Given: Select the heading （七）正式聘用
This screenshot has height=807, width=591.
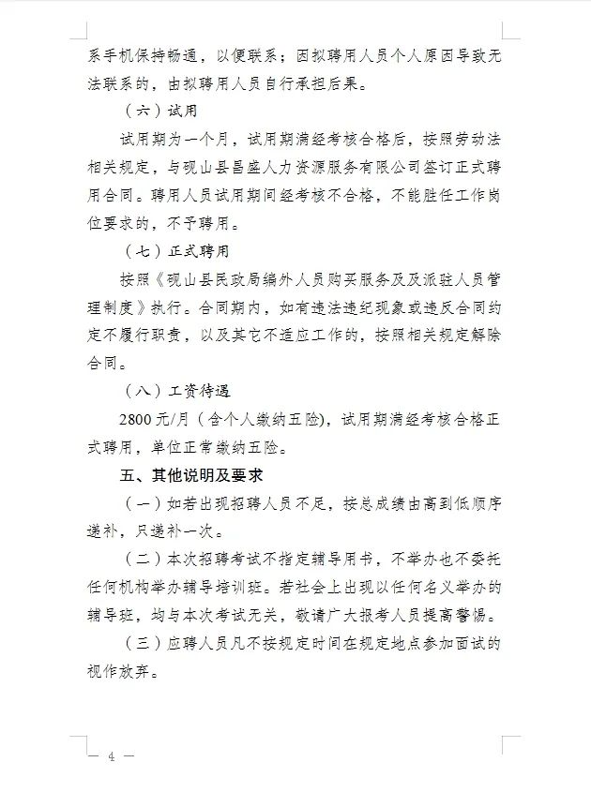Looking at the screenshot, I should (x=177, y=252).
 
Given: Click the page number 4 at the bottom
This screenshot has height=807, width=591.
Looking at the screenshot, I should (x=111, y=756).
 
